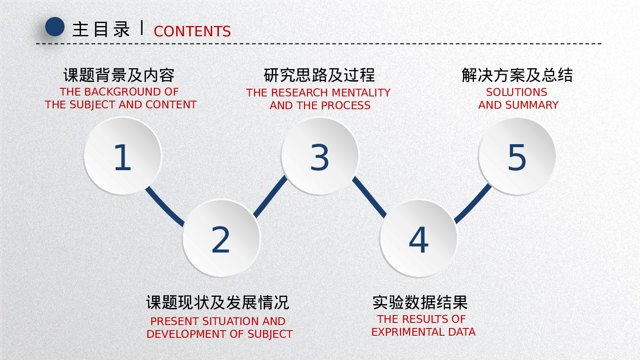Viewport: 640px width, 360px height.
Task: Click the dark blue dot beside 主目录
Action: click(55, 27)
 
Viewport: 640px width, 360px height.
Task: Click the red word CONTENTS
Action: click(192, 32)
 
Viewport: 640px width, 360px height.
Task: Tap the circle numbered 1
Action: click(122, 157)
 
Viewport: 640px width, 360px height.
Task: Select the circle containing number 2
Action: click(221, 239)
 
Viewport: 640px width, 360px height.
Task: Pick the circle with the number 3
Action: click(320, 157)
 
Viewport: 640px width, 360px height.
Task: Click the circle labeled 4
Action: click(419, 239)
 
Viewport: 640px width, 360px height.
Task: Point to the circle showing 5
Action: click(517, 157)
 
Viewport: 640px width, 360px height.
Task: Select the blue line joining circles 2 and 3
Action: click(271, 197)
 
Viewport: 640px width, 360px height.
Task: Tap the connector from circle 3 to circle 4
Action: click(369, 197)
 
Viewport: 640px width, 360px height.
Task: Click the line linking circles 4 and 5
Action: click(473, 203)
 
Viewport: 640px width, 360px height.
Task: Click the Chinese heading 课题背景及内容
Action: click(119, 75)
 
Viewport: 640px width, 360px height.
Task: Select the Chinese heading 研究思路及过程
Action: click(319, 75)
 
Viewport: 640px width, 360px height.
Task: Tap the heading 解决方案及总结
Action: click(517, 75)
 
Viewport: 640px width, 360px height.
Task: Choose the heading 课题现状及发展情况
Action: click(218, 303)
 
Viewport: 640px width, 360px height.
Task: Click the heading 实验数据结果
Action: click(420, 303)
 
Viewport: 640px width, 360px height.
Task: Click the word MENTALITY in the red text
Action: click(361, 93)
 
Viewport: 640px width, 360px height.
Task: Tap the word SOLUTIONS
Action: click(516, 93)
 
